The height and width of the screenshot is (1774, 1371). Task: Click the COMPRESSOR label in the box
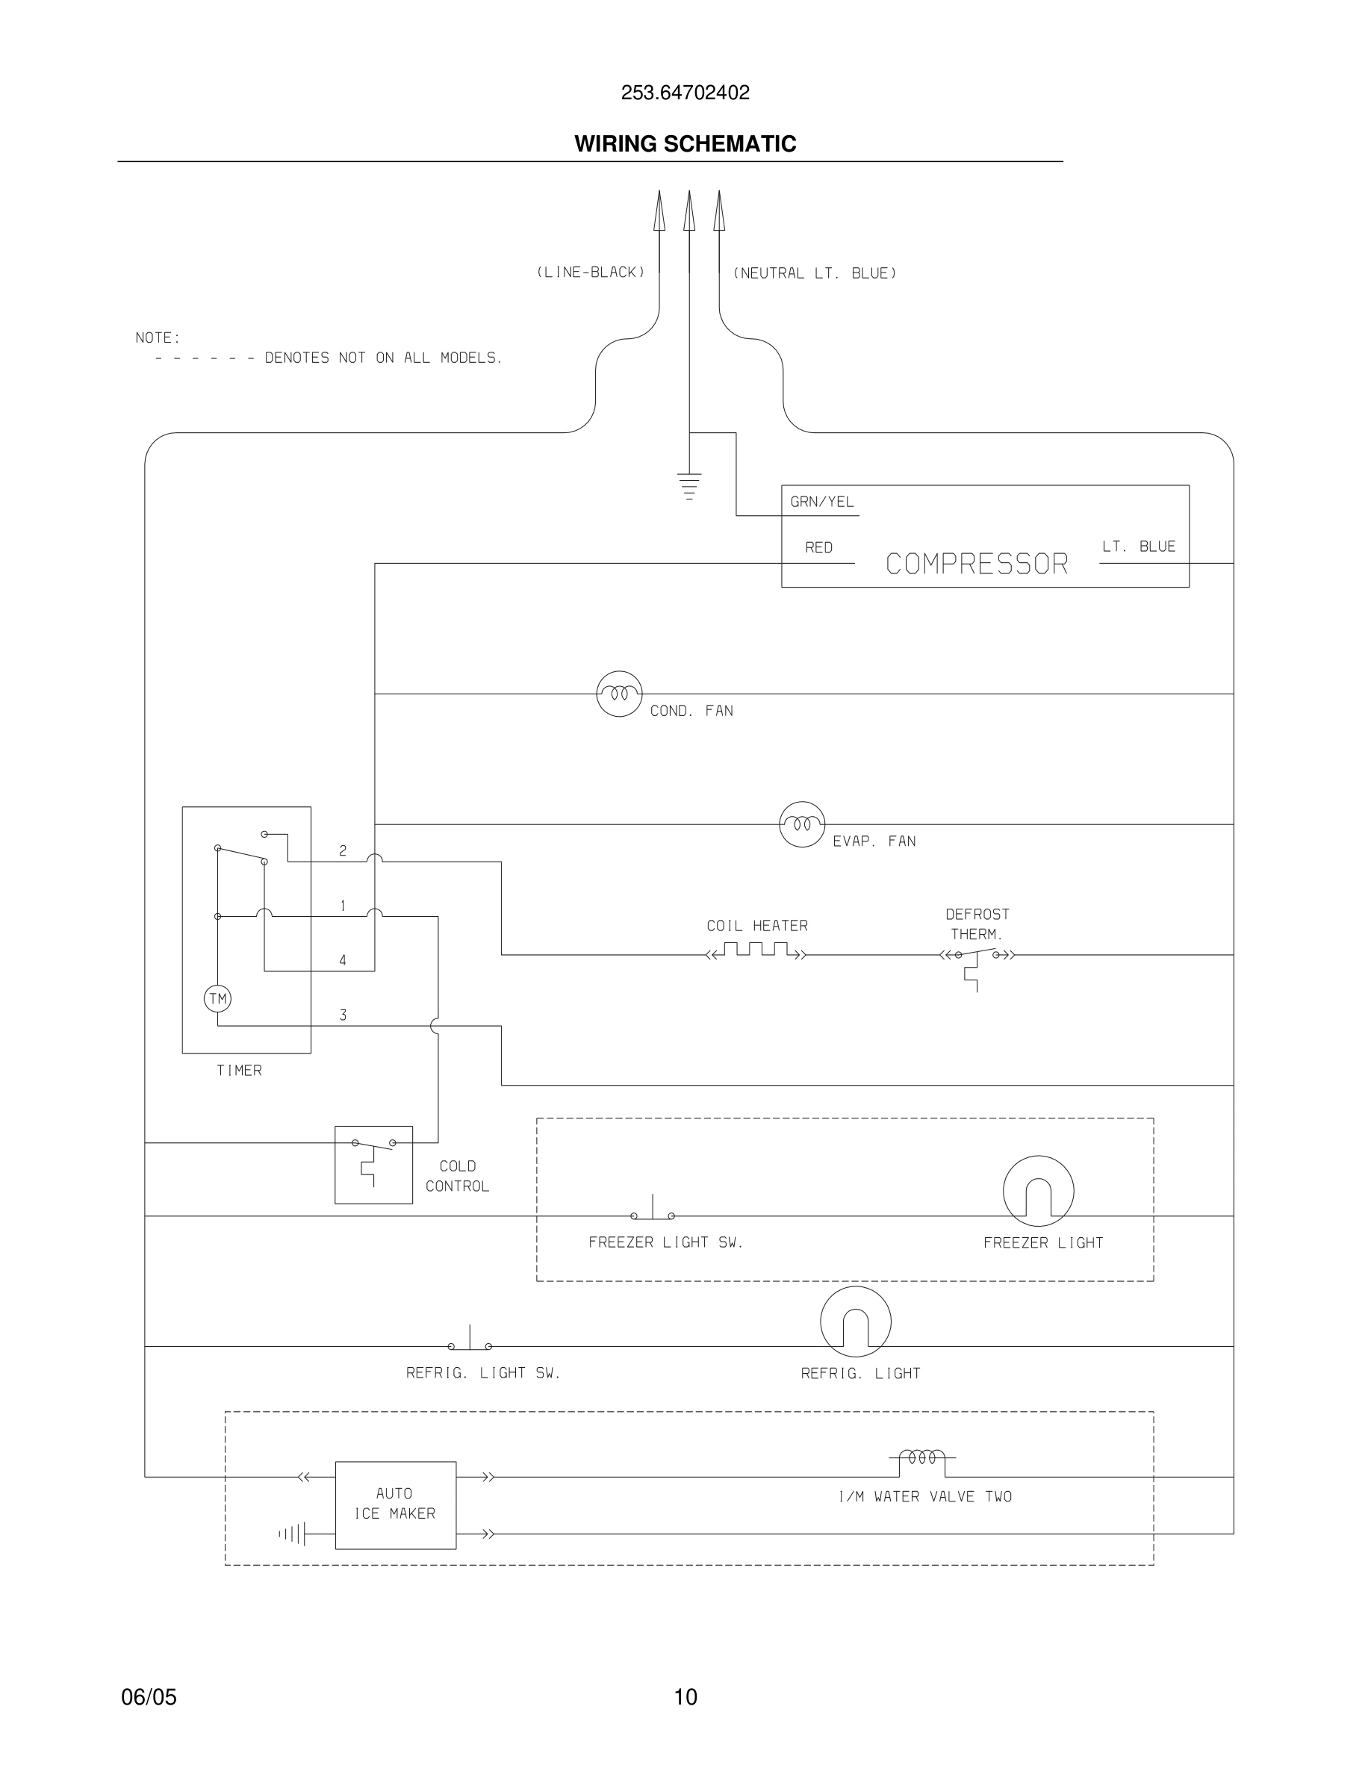[976, 564]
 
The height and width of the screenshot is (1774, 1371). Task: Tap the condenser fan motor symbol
[619, 694]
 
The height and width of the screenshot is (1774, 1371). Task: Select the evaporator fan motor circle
[802, 824]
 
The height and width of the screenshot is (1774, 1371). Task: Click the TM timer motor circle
[217, 998]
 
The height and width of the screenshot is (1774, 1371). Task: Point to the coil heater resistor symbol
[756, 951]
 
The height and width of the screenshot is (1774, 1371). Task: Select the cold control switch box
[373, 1164]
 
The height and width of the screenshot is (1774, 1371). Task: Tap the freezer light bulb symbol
[1038, 1192]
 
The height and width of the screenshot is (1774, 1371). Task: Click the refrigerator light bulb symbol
[855, 1322]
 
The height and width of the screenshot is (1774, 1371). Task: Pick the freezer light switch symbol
[652, 1212]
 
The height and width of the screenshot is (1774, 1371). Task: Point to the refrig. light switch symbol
[470, 1342]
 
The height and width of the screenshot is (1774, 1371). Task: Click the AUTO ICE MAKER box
[396, 1504]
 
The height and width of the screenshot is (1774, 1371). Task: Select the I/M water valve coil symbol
[922, 1459]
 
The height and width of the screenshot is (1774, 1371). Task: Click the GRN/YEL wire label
[822, 502]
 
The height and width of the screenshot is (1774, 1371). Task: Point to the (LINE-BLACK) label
[591, 272]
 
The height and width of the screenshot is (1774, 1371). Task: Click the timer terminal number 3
[343, 1015]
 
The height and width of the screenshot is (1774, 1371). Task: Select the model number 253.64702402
[685, 93]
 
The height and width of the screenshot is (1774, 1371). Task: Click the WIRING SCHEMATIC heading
[685, 144]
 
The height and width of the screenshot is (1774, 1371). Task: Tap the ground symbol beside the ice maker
[293, 1534]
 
